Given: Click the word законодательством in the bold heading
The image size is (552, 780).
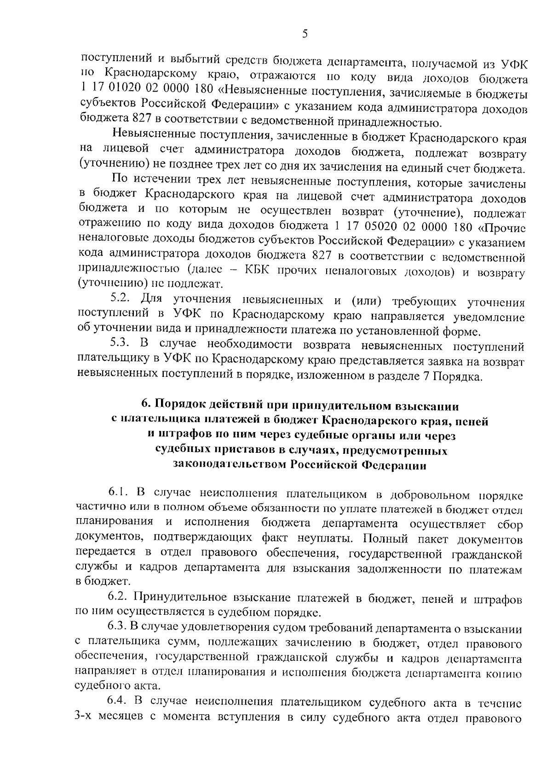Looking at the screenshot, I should coord(230,465).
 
